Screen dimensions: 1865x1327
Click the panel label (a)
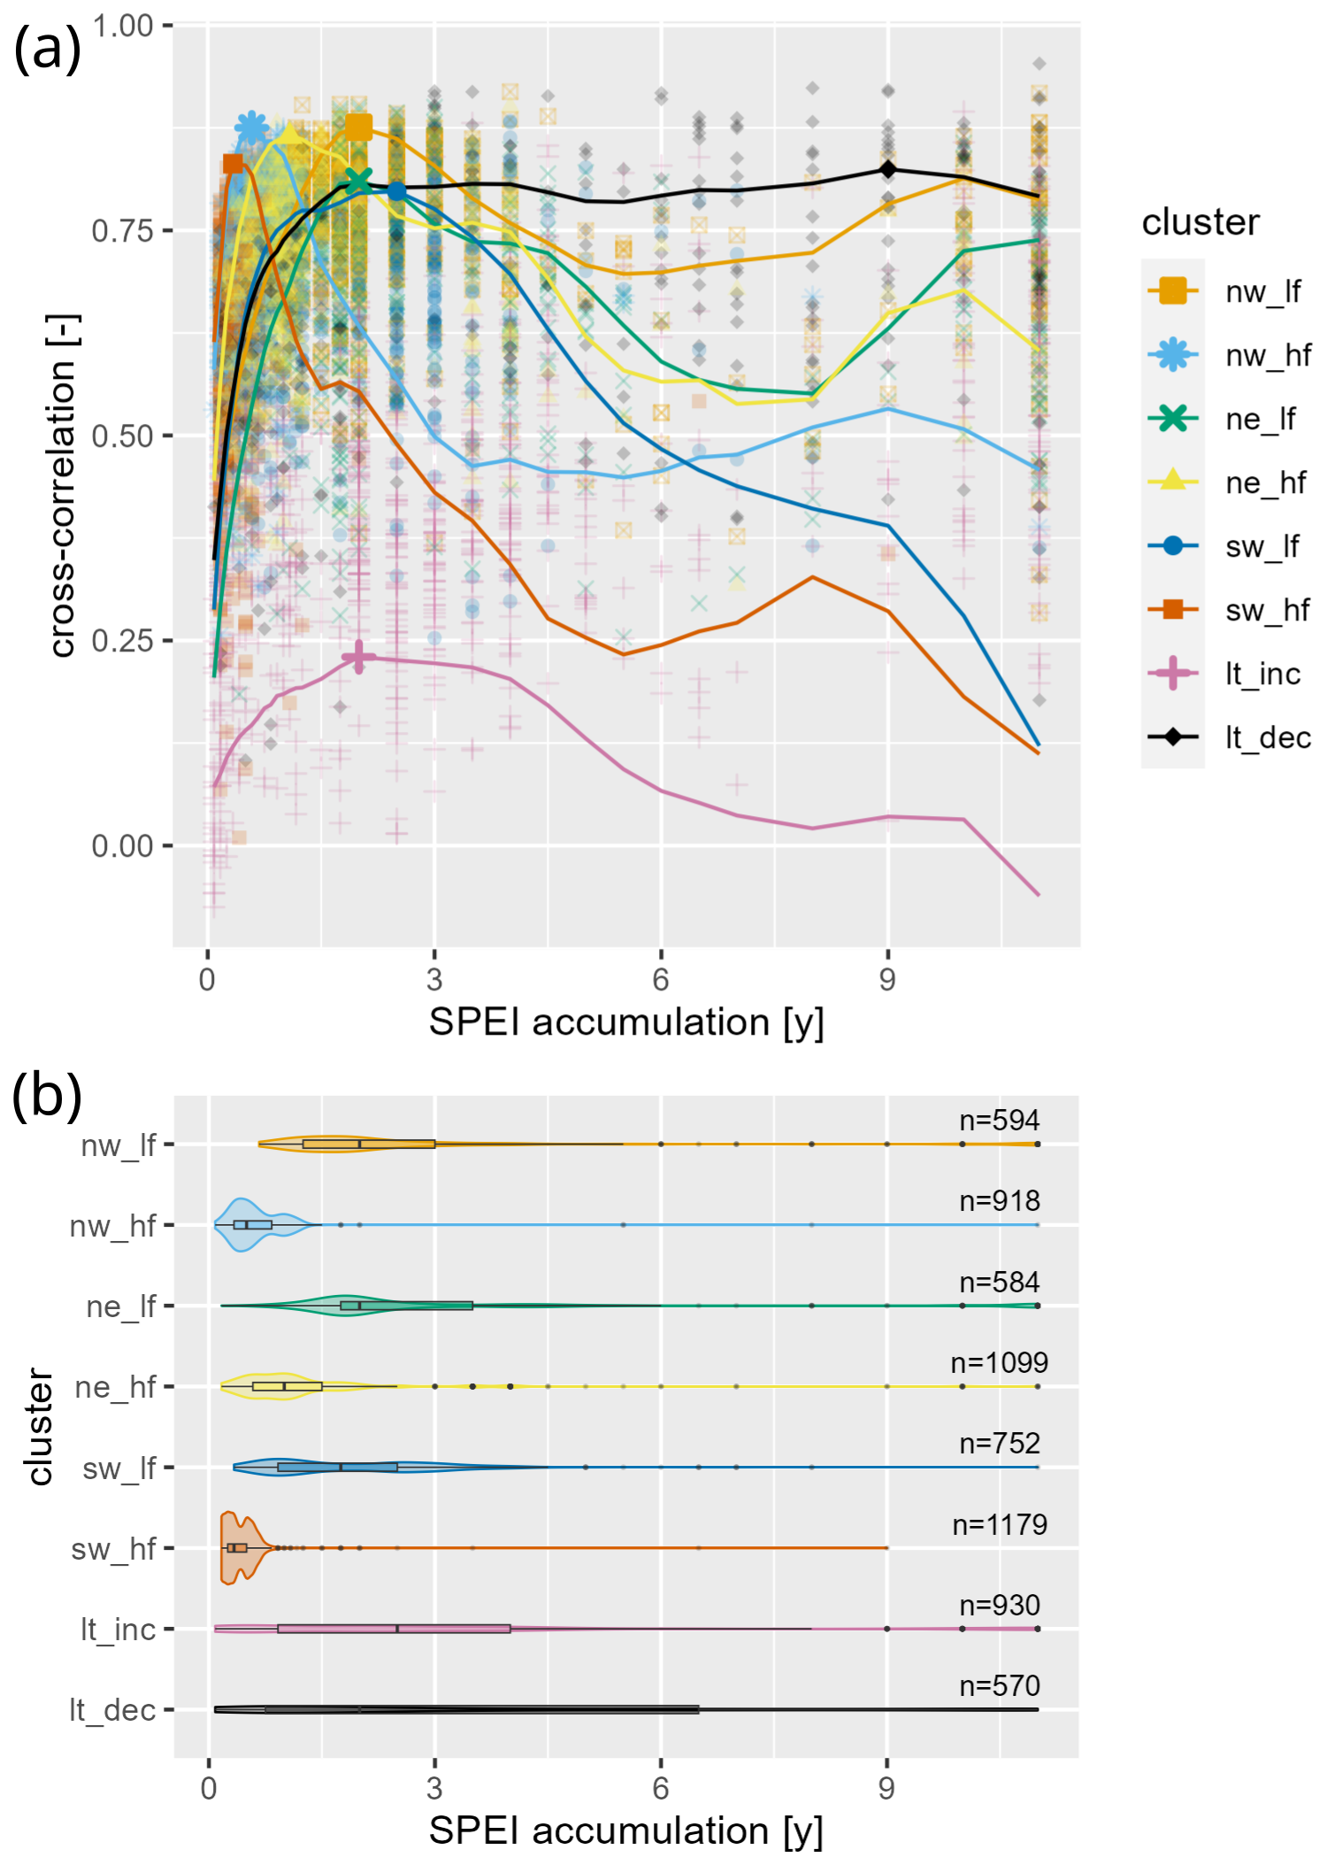click(47, 49)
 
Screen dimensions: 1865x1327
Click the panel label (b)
click(47, 1096)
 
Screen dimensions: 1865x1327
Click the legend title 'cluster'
click(1200, 222)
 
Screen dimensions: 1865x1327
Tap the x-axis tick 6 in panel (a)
click(661, 979)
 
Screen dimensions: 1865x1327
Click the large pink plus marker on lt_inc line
click(358, 657)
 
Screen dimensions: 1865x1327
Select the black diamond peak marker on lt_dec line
click(887, 170)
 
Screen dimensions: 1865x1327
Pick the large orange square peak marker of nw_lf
click(358, 128)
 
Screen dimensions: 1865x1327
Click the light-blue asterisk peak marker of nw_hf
click(252, 129)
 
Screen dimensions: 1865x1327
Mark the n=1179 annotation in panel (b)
click(1000, 1524)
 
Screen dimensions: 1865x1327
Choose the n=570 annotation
click(1000, 1686)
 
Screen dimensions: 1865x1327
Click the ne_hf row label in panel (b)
click(115, 1387)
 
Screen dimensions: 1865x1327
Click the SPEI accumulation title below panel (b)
click(625, 1830)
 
